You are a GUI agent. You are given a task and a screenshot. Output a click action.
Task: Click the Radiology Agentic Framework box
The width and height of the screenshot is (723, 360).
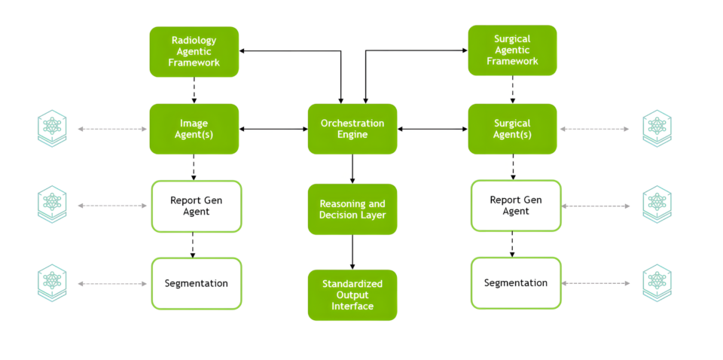[x=194, y=52]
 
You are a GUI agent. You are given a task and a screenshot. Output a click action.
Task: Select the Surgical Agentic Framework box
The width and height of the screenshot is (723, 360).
[x=512, y=50]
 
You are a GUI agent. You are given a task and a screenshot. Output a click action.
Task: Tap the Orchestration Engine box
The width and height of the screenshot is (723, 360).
[x=352, y=129]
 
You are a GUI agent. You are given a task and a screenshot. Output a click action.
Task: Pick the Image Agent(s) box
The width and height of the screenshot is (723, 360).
[x=194, y=129]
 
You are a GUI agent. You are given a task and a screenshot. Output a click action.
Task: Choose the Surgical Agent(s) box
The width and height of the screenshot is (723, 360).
[x=512, y=129]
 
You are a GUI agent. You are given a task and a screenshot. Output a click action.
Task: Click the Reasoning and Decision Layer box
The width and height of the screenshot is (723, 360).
[x=352, y=209]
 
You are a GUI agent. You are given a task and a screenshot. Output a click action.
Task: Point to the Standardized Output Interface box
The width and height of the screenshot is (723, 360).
[x=352, y=294]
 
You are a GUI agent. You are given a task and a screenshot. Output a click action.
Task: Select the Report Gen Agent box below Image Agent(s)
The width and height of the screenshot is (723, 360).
[x=197, y=206]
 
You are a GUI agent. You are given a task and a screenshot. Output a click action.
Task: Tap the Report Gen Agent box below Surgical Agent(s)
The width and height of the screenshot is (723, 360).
[x=516, y=206]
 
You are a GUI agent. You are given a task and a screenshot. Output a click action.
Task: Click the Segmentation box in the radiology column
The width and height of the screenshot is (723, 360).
[x=197, y=283]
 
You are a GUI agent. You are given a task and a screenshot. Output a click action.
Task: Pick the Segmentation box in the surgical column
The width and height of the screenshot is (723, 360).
[x=516, y=282]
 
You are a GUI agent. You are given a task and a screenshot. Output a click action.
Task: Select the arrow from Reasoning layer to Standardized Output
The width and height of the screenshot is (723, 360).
[x=352, y=252]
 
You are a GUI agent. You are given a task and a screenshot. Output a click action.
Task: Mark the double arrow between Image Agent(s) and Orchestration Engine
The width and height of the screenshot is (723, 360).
[x=273, y=129]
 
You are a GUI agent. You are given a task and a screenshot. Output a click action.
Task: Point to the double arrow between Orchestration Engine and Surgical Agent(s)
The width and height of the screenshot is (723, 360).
[x=432, y=129]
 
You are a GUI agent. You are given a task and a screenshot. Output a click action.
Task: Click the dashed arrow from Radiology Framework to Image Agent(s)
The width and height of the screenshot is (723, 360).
[x=194, y=90]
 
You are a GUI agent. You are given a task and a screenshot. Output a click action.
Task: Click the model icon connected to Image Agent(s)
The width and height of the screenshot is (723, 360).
[x=52, y=128]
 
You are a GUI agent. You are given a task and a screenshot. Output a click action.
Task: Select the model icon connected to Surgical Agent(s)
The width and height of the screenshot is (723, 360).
[x=657, y=129]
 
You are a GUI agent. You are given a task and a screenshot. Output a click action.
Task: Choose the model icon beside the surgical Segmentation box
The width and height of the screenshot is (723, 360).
[x=657, y=283]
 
